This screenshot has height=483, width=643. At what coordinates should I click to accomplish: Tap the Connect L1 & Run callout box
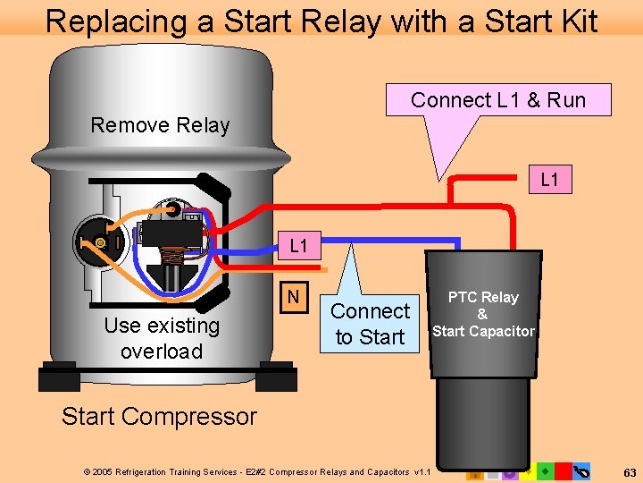[x=497, y=100]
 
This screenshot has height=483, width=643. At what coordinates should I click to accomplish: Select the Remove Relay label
[x=160, y=125]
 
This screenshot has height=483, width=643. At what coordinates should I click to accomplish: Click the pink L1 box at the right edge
[x=549, y=180]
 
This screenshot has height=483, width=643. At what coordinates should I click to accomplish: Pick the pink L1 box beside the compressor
[x=298, y=244]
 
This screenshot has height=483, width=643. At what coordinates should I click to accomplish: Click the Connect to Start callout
[x=370, y=324]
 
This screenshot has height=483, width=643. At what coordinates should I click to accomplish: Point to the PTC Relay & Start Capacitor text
[x=483, y=314]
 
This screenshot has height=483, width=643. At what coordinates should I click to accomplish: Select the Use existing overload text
[x=161, y=337]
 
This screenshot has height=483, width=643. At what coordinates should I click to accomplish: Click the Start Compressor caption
[x=159, y=416]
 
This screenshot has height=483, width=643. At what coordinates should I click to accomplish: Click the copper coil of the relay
[x=183, y=259]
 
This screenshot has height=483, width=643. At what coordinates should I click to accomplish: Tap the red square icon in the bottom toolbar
[x=563, y=470]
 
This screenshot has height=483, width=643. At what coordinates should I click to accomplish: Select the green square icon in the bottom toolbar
[x=545, y=470]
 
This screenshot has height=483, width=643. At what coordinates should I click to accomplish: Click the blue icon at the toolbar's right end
[x=583, y=470]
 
